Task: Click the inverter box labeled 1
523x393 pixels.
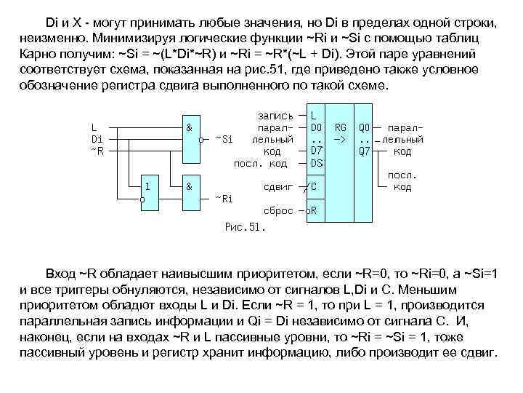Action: (150, 186)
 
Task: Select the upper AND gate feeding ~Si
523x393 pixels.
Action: (192, 129)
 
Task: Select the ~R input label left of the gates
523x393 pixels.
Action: (97, 150)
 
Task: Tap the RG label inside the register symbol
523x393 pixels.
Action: (338, 127)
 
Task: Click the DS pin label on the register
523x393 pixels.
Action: (316, 162)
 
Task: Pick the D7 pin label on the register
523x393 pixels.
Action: (316, 151)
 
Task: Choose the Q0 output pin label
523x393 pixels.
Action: (365, 127)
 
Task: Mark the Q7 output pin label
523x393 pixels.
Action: (365, 151)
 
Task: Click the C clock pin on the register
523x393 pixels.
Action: (314, 186)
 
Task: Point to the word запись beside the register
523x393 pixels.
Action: (276, 116)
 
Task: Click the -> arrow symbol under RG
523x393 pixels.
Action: (338, 139)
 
